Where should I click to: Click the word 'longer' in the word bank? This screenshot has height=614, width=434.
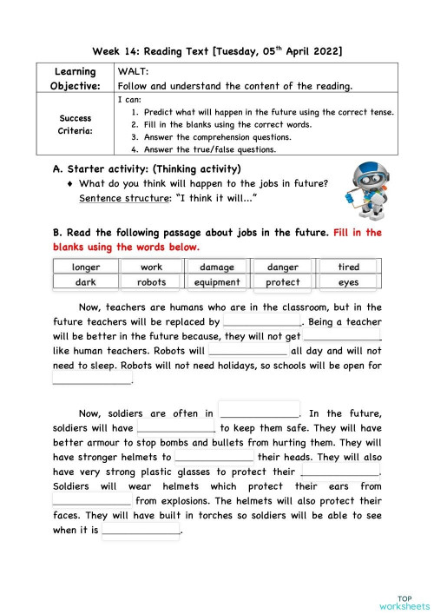point(84,267)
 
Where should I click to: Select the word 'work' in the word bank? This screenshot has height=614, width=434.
point(151,267)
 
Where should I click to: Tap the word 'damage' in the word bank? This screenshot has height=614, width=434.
point(217,267)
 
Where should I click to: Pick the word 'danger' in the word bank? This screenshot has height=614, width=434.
point(283,267)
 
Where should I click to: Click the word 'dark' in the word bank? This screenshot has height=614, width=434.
point(84,282)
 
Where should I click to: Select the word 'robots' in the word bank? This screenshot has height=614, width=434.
point(151,282)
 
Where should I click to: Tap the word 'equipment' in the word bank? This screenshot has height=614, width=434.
point(217,282)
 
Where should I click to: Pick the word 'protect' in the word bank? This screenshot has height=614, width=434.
point(283,282)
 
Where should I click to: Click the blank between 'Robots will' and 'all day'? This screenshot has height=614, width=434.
point(248,351)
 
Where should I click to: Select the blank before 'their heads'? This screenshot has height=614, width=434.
point(214,457)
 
